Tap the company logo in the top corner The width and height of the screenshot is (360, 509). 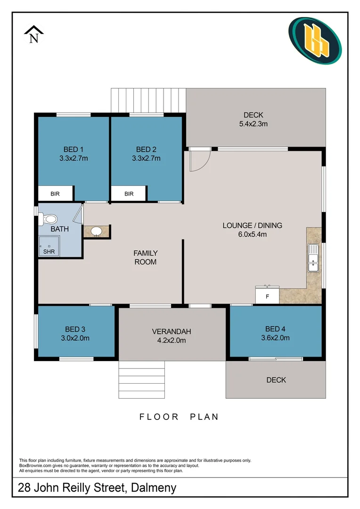pos(315,41)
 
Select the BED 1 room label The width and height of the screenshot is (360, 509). pos(74,149)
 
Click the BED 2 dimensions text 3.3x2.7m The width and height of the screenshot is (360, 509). pos(146,158)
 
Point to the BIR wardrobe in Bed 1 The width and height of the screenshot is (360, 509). pos(55,193)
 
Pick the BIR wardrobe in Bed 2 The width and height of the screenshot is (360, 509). pos(129,194)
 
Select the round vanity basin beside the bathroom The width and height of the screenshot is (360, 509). pos(96,231)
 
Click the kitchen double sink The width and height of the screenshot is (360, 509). pos(313,258)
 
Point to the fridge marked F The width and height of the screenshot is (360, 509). pos(267,296)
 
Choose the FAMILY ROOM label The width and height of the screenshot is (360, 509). pos(145,257)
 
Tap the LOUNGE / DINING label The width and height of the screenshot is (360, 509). pos(252,225)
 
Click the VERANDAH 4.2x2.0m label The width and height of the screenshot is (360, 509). pos(172,335)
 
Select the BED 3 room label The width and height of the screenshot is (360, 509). pos(75,329)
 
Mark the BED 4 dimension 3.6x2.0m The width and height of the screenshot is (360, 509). pos(275,337)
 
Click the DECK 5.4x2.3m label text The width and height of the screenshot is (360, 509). pos(253,119)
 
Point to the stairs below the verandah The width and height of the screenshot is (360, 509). pos(141,380)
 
